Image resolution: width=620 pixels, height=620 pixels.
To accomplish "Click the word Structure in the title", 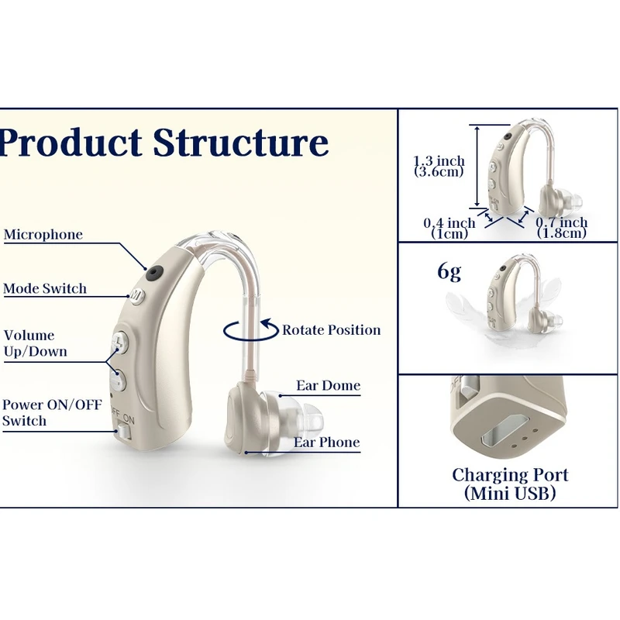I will click(240, 143).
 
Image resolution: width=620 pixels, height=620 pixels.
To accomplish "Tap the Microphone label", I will click(43, 235).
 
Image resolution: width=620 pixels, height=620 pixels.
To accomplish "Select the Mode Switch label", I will click(45, 289).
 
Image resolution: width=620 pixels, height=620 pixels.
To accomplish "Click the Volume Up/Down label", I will click(35, 343).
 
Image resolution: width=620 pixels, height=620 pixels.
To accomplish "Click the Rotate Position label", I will click(331, 330).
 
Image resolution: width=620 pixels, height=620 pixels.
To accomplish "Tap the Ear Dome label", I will click(328, 386).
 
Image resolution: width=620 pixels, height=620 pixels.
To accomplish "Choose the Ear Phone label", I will click(326, 443).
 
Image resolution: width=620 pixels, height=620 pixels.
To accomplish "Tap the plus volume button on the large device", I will click(120, 342).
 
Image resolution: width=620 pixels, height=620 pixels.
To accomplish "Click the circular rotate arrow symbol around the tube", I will click(250, 329).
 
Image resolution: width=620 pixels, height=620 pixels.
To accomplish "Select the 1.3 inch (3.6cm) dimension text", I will click(439, 166).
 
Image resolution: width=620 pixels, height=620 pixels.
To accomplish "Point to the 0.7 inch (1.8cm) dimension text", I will click(562, 228).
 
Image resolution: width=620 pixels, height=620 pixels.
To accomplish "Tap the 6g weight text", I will click(449, 272).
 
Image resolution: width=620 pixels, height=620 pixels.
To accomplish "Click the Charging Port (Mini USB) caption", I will click(510, 484).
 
